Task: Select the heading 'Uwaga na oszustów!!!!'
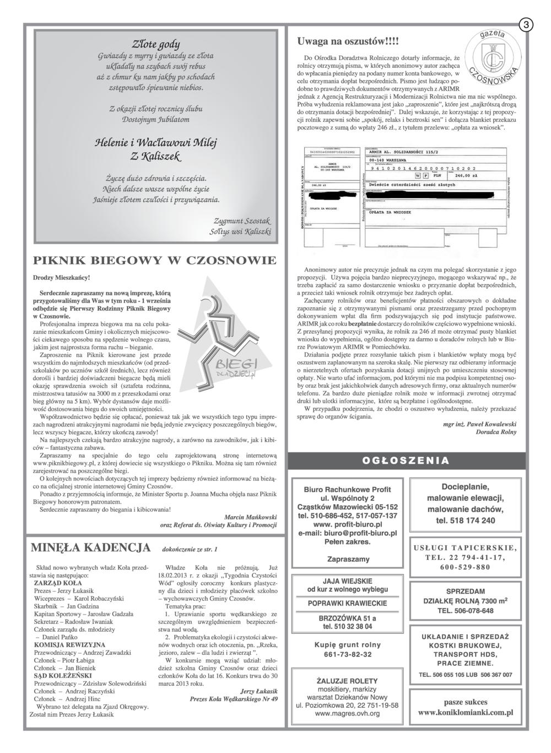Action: tap(347, 41)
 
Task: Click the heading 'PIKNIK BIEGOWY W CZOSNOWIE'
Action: tap(155, 260)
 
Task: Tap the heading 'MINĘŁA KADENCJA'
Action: tap(90, 547)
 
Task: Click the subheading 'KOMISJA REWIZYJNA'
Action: tap(69, 644)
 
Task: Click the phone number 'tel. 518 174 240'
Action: tap(466, 520)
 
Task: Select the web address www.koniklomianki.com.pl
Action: tap(466, 712)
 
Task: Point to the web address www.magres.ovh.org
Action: tap(347, 713)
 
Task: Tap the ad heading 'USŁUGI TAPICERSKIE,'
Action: tap(466, 548)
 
